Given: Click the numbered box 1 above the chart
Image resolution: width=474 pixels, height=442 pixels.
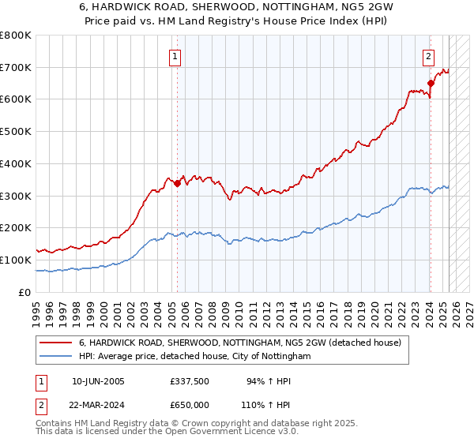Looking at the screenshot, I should pos(174,56).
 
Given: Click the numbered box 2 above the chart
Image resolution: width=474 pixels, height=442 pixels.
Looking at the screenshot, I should pos(427,56).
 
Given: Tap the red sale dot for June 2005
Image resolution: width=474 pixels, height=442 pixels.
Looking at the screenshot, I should pos(177,184).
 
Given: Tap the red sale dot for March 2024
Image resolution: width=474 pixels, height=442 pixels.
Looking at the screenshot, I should pos(431,83).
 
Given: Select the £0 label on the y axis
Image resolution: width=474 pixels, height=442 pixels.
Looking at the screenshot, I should pos(24,292).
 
